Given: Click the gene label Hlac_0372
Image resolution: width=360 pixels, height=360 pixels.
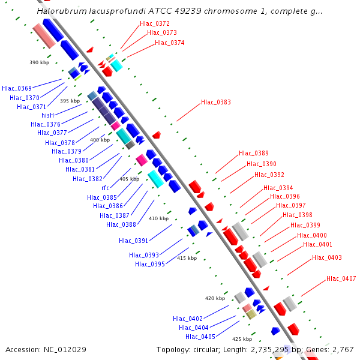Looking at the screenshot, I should point(154,24).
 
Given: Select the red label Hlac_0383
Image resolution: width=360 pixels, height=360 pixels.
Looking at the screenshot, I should point(215,103).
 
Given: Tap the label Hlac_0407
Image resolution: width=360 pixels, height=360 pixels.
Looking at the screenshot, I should point(341,278).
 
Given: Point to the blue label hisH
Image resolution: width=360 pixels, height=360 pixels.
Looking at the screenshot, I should point(47,115).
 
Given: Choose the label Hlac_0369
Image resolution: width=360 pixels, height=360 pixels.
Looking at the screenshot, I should point(17,88).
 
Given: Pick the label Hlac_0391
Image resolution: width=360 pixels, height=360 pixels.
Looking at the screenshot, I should point(133,241).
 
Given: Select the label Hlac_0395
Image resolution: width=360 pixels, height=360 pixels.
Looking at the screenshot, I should point(149,264).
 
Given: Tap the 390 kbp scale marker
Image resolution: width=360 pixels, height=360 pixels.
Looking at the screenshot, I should point(39,62).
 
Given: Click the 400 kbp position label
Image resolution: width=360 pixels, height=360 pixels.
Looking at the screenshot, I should point(100,140).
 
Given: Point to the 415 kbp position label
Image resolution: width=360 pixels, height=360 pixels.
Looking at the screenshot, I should point(187,258).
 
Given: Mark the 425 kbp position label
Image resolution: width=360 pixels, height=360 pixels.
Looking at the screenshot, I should point(242,339).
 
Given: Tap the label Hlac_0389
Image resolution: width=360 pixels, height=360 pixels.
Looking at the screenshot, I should point(253,154).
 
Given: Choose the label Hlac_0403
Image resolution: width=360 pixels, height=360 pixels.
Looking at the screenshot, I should point(326,258).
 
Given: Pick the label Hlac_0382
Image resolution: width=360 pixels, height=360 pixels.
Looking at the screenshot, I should point(87,179).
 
